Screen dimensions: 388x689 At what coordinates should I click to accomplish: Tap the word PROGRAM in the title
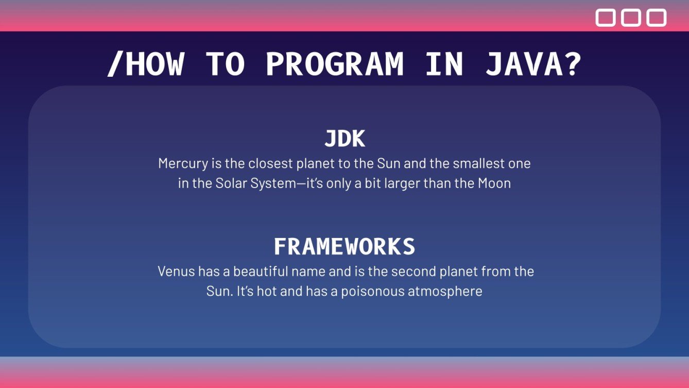335,64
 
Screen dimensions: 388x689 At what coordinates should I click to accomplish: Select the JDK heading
344,139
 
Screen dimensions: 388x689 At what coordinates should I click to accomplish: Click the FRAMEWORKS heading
344,247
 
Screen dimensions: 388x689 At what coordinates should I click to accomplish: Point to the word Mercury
183,164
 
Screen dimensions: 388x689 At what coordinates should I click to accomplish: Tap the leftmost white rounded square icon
606,18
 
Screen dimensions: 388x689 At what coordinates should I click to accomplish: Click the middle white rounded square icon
631,18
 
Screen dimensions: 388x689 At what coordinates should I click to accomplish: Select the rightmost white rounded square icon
657,18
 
